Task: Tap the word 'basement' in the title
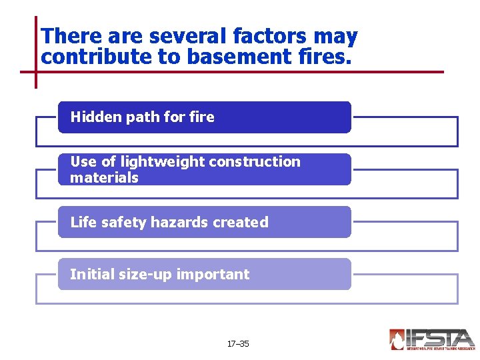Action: [226, 57]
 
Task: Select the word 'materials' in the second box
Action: [104, 177]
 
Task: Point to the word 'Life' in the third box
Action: [83, 222]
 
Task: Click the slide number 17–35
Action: [238, 344]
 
